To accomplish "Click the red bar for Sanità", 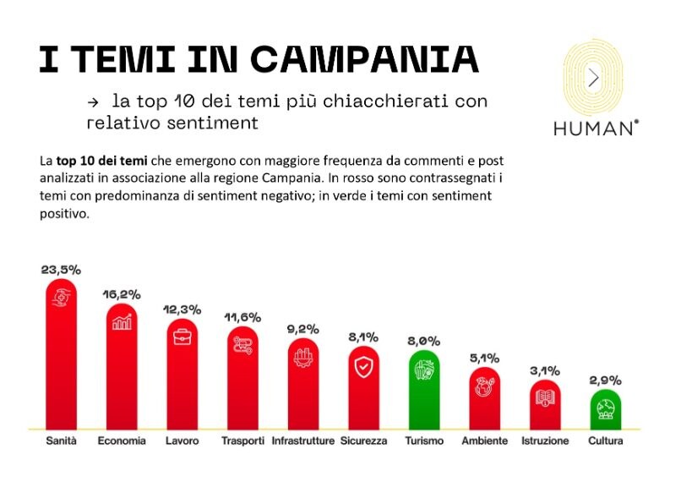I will pos(61,355).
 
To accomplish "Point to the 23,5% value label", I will pos(61,270).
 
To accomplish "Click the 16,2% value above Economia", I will pos(122,294).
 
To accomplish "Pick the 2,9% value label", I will pos(606,381).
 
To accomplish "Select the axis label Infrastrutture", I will pos(302,441).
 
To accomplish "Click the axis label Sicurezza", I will pos(363,441).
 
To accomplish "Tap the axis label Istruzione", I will pos(545,441).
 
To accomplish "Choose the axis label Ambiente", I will pos(485,441).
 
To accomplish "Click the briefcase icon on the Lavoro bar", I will pos(183,337).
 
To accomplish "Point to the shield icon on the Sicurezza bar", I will pos(363,368).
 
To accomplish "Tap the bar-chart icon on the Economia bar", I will pos(122,321).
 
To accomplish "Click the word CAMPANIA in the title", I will pos(364,58).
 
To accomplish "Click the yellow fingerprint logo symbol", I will pos(594,79).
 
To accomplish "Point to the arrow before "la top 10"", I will pos(93,101).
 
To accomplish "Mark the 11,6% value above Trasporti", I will pos(243,316).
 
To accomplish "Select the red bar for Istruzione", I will pos(545,406).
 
